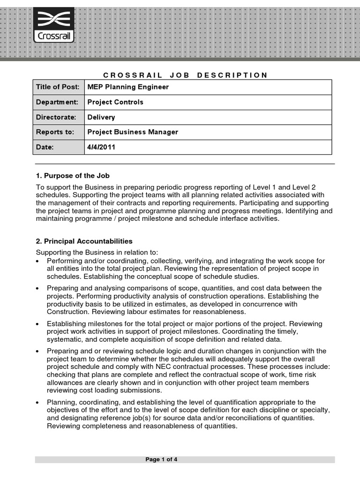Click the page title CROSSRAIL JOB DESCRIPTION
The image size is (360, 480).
(x=185, y=75)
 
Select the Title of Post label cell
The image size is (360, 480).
(x=59, y=87)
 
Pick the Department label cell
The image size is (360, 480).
(x=59, y=102)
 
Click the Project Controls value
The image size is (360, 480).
(x=115, y=102)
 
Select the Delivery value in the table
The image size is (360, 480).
(x=101, y=117)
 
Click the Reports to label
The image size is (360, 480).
(x=55, y=132)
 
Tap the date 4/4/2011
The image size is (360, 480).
(x=101, y=147)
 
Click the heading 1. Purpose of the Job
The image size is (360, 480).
(x=73, y=176)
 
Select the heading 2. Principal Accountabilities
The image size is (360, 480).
(x=84, y=241)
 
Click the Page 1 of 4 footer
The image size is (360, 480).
(x=161, y=459)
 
